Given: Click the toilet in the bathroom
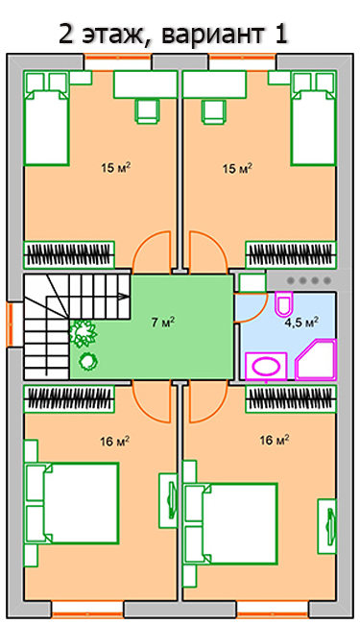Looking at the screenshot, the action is [x=284, y=304].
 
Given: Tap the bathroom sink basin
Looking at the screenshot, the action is [x=266, y=366].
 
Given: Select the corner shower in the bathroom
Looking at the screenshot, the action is [x=316, y=360].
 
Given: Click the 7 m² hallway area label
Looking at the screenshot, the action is [x=163, y=322].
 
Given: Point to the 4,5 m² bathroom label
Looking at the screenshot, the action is [x=301, y=322].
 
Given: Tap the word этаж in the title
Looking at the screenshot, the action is [x=112, y=36].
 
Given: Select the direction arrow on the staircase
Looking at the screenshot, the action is [x=123, y=297].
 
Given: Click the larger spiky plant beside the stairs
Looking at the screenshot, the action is [x=84, y=333].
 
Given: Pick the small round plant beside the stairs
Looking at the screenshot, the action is [x=88, y=361].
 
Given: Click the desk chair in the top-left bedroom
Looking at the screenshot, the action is [x=147, y=110].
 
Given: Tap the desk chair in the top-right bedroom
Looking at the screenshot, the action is [x=213, y=110].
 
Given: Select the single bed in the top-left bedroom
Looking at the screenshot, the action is [x=46, y=118].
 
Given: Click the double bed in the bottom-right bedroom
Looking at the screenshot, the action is [x=230, y=523].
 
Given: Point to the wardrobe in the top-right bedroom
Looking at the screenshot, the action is [x=291, y=254].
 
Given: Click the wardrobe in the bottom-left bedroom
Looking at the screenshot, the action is [x=69, y=398].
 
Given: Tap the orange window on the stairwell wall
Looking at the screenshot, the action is [x=10, y=324].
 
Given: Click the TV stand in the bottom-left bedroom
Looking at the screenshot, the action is [x=168, y=500].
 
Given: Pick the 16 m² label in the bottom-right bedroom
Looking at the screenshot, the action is [x=274, y=440].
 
